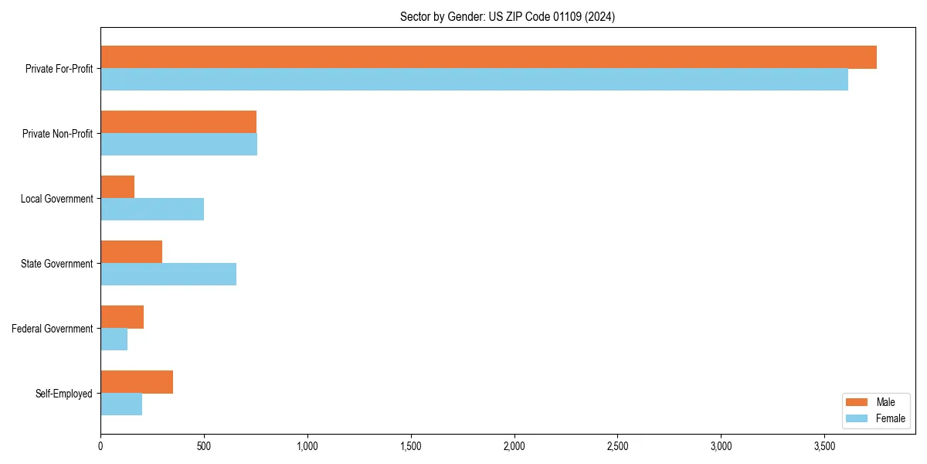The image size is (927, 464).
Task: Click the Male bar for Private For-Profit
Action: [488, 57]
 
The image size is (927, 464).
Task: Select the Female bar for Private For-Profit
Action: [474, 80]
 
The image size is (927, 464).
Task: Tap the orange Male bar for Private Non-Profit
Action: [178, 122]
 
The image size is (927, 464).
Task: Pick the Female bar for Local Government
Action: [152, 210]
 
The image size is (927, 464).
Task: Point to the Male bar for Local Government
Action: [117, 187]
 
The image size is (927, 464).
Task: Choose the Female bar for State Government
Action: [168, 275]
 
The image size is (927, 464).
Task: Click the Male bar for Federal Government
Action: [122, 317]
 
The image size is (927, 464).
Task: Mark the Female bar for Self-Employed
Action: [121, 404]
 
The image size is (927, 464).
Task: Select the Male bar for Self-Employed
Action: [137, 382]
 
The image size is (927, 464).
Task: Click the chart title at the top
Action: [508, 16]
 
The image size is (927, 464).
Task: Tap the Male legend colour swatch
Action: [857, 402]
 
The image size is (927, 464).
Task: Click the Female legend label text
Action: [890, 418]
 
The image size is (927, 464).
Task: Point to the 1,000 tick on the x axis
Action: [307, 445]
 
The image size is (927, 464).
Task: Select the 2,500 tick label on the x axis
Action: [618, 445]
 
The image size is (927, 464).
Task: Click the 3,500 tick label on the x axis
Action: [825, 445]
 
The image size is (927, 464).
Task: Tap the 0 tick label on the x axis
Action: [100, 445]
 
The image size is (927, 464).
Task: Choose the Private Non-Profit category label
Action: [57, 134]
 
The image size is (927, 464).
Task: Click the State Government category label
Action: [56, 264]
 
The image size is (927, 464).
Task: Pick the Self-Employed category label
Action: [64, 394]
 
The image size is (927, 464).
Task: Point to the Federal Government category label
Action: [53, 329]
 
